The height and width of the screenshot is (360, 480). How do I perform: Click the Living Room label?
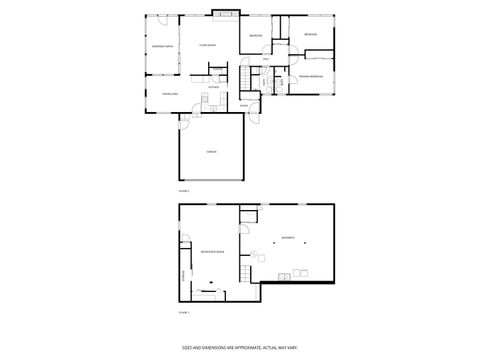pos(208,46)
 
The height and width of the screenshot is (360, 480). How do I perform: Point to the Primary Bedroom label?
pos(310,77)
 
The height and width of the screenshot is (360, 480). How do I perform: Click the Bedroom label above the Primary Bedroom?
pos(311,35)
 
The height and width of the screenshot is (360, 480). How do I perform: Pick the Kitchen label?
pos(213,87)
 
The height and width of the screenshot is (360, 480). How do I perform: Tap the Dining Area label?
pos(170,93)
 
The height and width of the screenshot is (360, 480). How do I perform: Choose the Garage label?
pos(212,151)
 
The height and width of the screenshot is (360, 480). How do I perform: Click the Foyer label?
pos(243,104)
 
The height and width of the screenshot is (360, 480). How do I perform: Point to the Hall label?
pos(266,60)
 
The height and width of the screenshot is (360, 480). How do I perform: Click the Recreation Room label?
pos(211,251)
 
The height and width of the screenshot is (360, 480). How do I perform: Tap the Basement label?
pos(287,238)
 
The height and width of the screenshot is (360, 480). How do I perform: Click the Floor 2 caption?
pos(183,190)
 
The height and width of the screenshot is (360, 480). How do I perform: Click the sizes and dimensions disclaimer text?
pos(239,348)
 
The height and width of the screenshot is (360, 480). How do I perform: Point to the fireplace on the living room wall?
pos(226,14)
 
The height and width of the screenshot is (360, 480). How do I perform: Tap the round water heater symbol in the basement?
pos(253,250)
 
